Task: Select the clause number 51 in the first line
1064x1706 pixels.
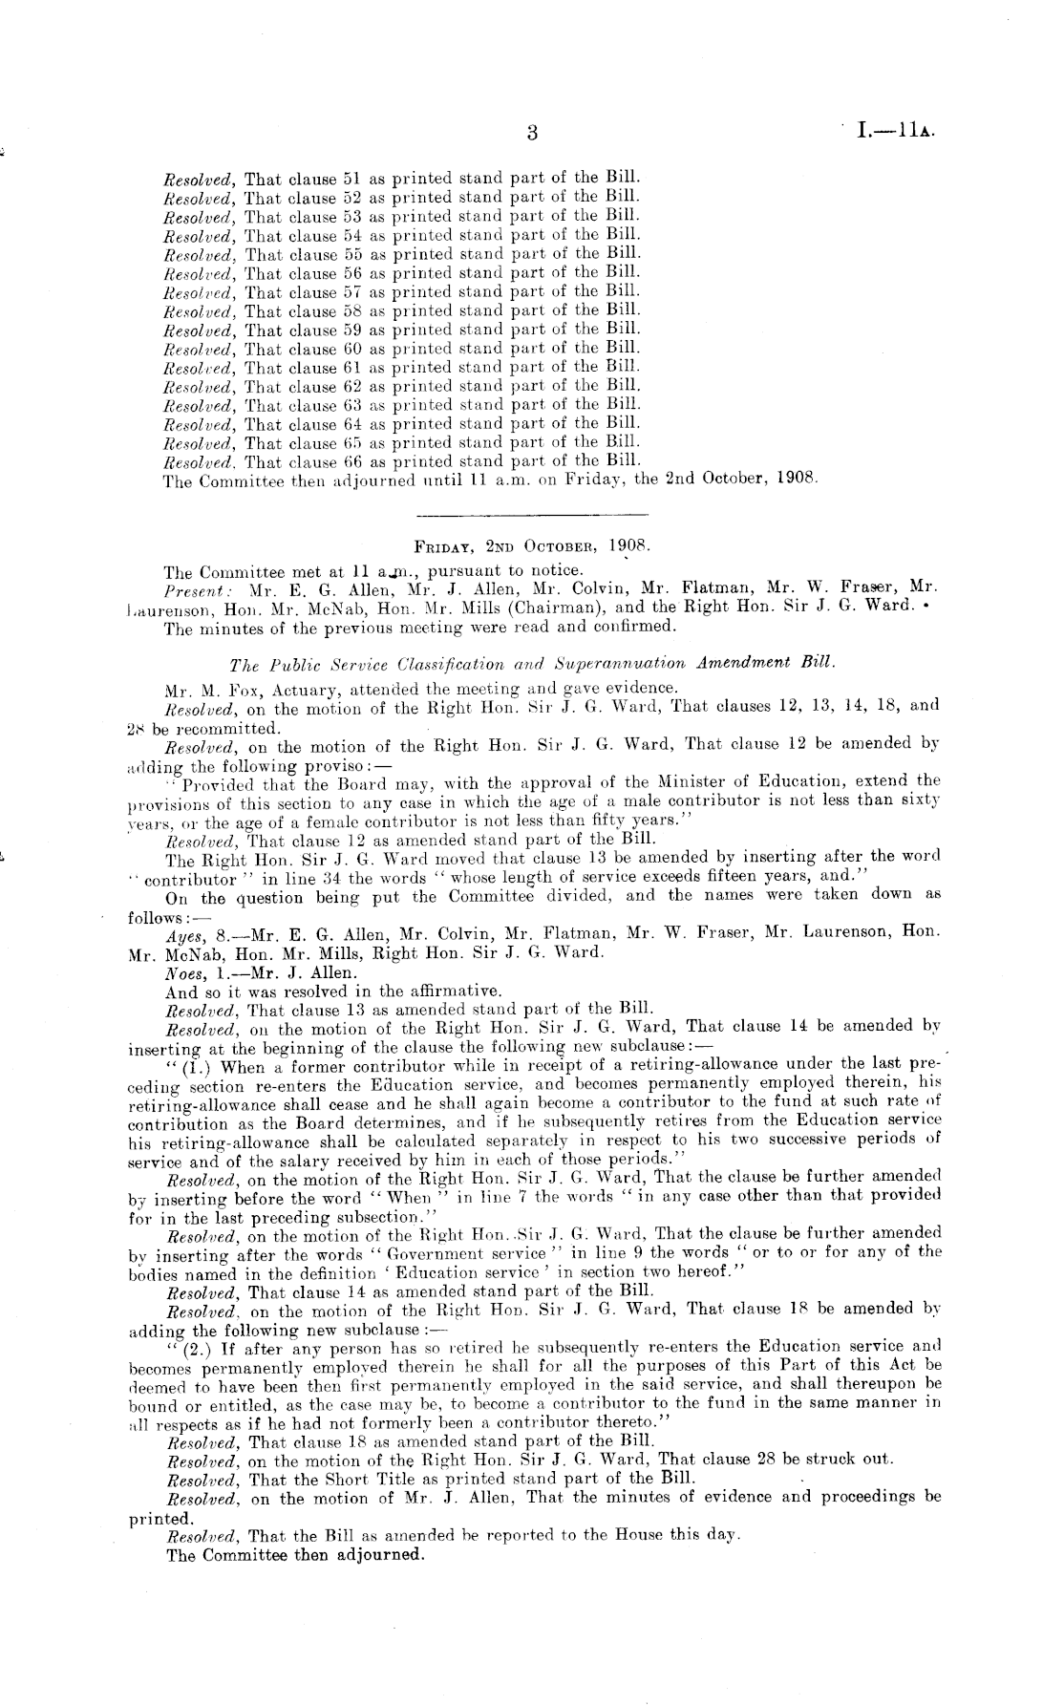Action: click(x=349, y=179)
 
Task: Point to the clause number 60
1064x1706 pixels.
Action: click(x=349, y=349)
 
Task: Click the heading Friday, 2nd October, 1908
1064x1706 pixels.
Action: click(x=531, y=548)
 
